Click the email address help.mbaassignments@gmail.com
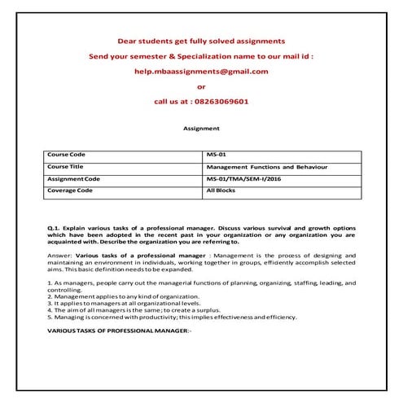point(201,71)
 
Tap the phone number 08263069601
point(220,103)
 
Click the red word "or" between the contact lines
point(201,86)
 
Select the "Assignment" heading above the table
point(201,128)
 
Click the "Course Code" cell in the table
point(68,154)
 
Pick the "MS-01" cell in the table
point(217,154)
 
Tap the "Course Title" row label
point(68,166)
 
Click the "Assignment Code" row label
point(74,178)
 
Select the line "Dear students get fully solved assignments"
point(201,40)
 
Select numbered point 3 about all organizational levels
point(122,303)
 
